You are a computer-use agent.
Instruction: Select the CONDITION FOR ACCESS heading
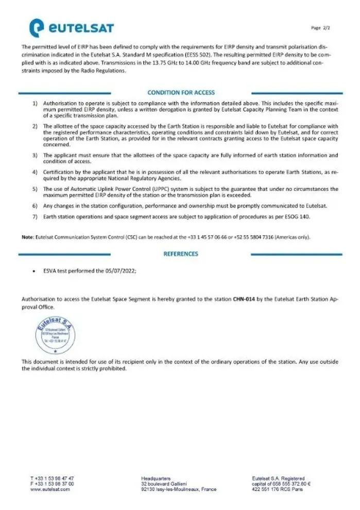(x=181, y=93)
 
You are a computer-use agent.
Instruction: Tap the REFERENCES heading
(x=181, y=253)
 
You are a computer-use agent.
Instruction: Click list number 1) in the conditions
(x=36, y=103)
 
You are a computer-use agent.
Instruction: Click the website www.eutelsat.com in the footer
(x=50, y=489)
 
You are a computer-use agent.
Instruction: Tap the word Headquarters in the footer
(x=156, y=479)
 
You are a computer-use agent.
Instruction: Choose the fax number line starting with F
(x=52, y=484)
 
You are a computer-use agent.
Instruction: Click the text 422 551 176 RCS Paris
(x=277, y=489)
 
